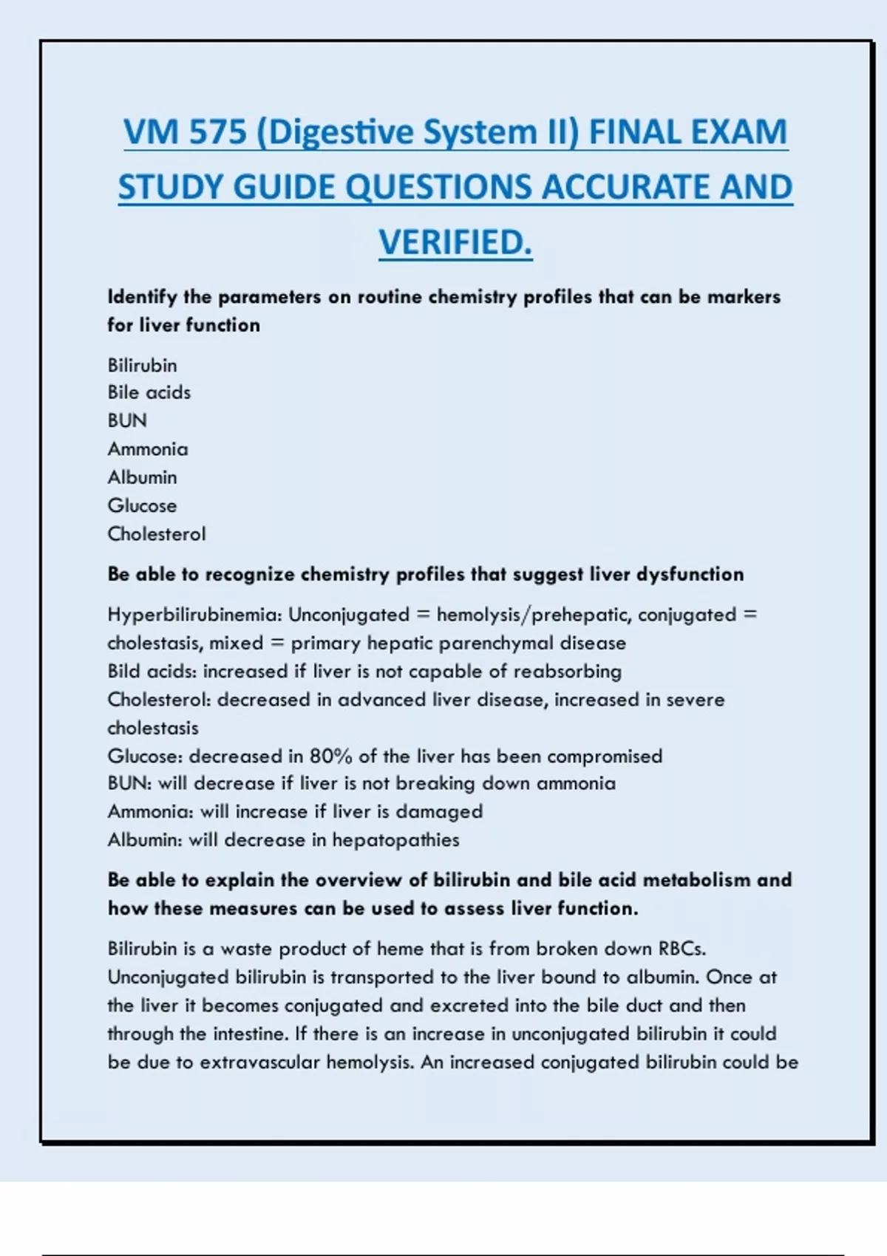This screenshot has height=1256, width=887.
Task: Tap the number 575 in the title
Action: coord(217,133)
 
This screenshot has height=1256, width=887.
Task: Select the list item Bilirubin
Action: coord(142,365)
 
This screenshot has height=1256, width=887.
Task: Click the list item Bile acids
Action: coord(149,392)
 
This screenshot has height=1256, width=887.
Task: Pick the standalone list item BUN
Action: coord(127,420)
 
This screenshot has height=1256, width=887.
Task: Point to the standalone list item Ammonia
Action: coord(148,448)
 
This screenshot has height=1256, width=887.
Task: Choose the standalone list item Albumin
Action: coord(142,477)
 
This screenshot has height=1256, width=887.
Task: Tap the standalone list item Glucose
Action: coord(142,505)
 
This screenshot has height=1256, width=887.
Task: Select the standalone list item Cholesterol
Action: coord(157,533)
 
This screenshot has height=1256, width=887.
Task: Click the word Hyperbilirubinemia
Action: coord(194,615)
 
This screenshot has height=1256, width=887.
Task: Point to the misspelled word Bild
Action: coord(124,671)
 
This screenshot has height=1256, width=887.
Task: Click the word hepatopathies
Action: coord(395,840)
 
